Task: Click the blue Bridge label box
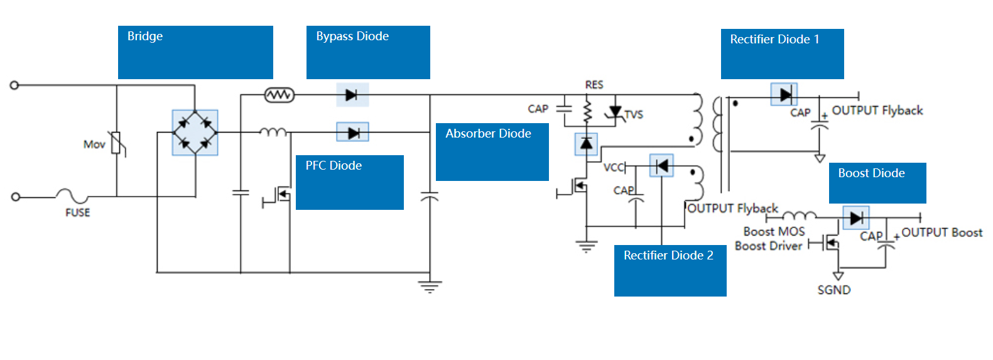195,52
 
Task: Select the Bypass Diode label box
368,52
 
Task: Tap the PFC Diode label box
349,182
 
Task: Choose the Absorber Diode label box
492,151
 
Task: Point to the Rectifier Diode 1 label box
782,53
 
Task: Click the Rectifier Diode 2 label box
670,270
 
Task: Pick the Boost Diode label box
877,183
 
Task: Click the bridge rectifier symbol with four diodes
195,133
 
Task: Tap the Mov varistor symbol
116,144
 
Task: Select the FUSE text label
78,213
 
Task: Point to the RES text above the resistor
594,85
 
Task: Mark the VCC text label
613,167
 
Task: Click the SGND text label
833,290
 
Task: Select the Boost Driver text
768,246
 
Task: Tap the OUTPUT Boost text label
941,232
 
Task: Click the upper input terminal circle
14,85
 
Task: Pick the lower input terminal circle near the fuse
16,197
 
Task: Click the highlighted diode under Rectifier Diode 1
784,95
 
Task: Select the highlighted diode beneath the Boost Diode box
855,218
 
